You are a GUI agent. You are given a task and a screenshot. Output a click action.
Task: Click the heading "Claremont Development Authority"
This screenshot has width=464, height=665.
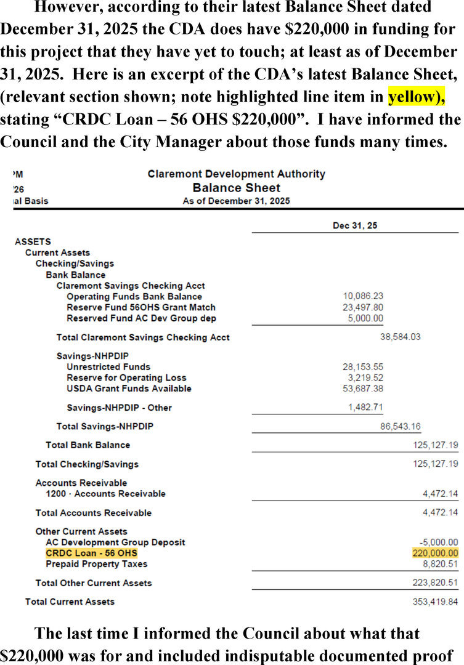(236, 174)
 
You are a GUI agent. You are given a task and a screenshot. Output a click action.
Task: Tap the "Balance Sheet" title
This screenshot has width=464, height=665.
(236, 188)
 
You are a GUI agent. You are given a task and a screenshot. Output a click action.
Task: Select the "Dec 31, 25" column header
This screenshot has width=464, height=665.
(355, 225)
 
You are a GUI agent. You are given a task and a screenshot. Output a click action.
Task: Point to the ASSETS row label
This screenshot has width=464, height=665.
(33, 242)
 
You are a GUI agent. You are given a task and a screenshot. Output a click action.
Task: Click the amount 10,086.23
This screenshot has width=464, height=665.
(362, 296)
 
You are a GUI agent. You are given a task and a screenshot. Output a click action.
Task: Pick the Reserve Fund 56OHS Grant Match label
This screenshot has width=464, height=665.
(141, 307)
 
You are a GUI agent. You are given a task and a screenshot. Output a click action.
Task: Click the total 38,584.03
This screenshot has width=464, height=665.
(401, 337)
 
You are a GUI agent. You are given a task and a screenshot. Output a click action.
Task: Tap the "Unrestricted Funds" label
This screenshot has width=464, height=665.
(108, 367)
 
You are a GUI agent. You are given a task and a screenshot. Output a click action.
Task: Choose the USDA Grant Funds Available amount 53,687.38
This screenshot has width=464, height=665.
(362, 389)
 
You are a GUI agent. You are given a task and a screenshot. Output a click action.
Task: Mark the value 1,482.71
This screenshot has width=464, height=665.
(366, 407)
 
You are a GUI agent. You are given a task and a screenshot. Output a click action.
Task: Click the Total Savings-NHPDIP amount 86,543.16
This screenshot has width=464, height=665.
(401, 426)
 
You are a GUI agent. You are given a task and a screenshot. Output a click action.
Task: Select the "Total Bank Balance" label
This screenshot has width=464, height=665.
(88, 445)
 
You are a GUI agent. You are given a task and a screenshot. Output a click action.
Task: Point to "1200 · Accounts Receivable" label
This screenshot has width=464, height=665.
(105, 493)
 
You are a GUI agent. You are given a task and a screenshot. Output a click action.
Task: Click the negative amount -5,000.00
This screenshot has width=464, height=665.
(436, 542)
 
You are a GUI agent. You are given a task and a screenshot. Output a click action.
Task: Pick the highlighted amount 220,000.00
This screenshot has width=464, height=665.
(435, 553)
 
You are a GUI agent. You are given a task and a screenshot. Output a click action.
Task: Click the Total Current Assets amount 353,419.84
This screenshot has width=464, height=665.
(435, 601)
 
